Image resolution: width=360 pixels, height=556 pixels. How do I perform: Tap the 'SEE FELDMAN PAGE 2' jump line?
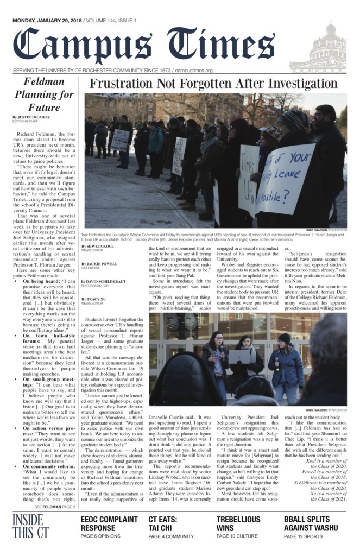pyautogui.click(x=55, y=506)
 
